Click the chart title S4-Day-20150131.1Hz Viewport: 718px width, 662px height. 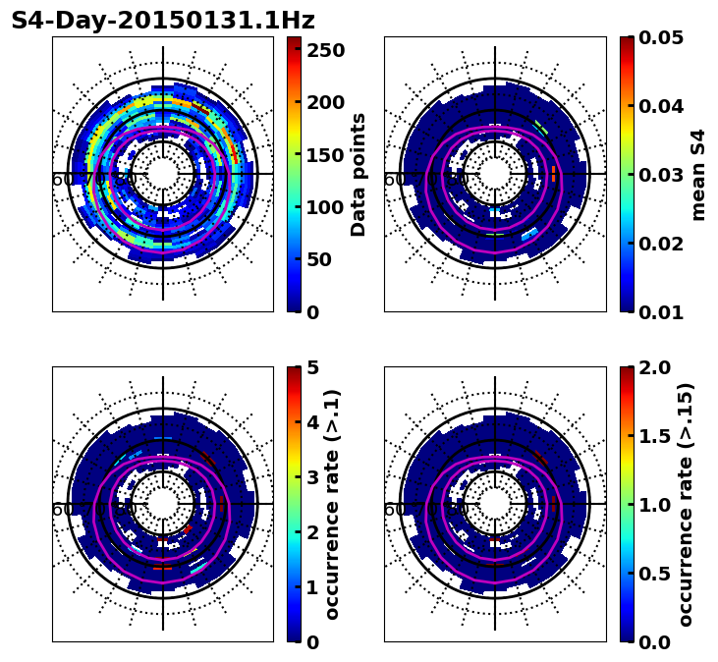[163, 21]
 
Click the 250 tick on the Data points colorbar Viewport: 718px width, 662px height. [326, 49]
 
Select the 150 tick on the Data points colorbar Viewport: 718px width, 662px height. [326, 154]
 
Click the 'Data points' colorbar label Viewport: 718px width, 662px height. [359, 175]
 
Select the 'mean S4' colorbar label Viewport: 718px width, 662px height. [698, 175]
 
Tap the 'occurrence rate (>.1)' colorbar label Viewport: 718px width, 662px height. [332, 505]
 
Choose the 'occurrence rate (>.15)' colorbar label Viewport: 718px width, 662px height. [686, 505]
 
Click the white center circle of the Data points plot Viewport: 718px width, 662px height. [163, 174]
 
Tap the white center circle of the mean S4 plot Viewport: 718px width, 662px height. [495, 174]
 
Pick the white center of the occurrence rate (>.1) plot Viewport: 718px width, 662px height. [163, 504]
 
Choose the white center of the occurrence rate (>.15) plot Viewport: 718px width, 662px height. [495, 504]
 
